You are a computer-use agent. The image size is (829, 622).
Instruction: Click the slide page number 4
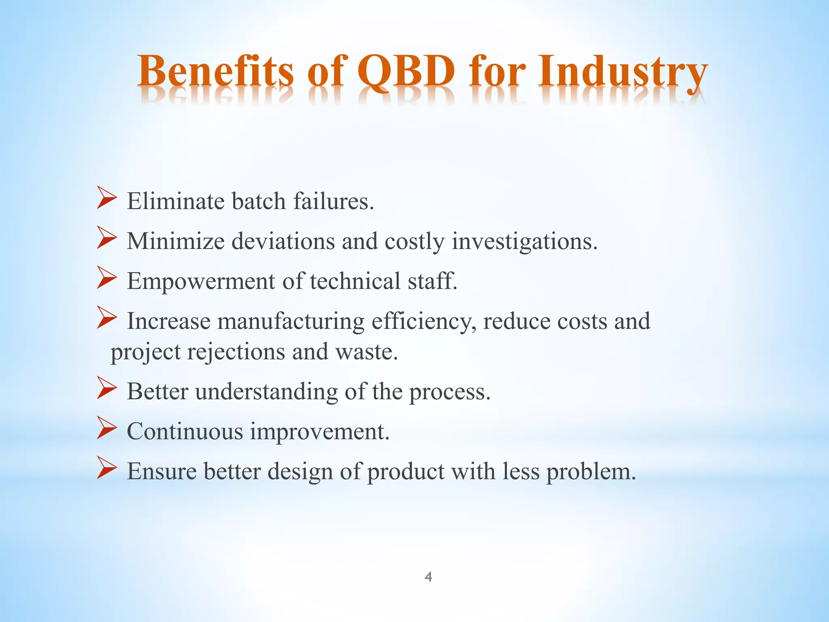point(428,577)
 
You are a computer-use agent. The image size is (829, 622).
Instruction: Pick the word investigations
point(525,242)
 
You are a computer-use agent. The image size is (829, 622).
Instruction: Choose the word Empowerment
point(201,281)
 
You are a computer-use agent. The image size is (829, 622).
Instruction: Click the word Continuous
point(185,431)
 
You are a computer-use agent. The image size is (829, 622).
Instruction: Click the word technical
point(355,281)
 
